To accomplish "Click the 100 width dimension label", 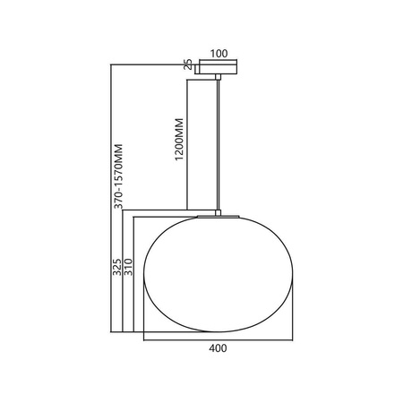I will (219, 54).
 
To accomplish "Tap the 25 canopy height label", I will (188, 65).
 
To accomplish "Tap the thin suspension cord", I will (219, 143).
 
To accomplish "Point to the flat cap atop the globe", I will (219, 215).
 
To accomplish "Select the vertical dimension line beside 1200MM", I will (186, 143).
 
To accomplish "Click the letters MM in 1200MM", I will (179, 124).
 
